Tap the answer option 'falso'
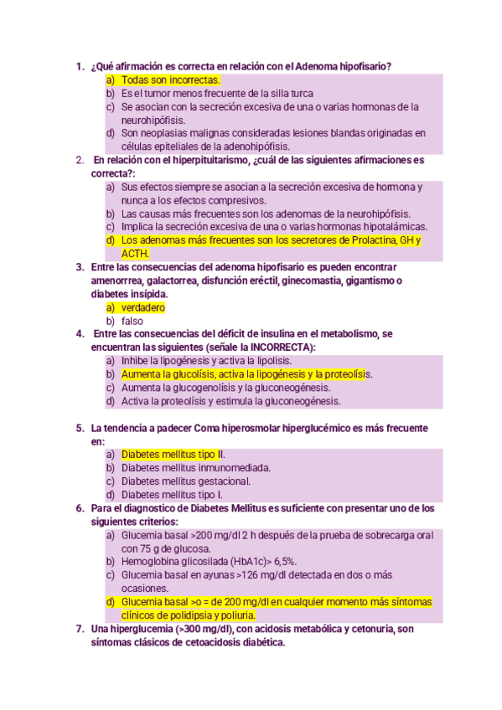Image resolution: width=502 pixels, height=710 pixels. click(132, 322)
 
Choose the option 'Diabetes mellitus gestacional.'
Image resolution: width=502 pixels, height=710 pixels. click(185, 481)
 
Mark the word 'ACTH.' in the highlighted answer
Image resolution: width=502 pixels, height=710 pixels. click(136, 254)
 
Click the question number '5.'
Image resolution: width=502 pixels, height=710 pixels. click(80, 427)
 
